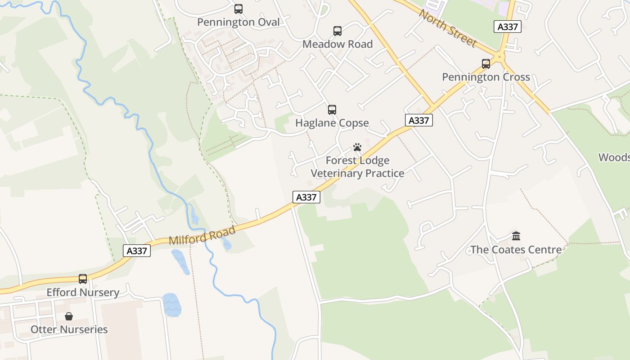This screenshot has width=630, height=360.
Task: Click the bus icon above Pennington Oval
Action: point(238,9)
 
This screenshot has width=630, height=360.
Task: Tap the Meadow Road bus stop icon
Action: point(337,31)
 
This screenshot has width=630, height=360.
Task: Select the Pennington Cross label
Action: point(486,77)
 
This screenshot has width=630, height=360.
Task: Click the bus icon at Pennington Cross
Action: point(486,64)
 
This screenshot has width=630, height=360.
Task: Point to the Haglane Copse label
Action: point(332,123)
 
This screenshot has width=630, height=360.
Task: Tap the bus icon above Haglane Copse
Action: point(332,110)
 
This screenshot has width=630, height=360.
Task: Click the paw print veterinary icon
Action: point(357,147)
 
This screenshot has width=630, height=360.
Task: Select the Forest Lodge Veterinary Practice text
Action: point(357,167)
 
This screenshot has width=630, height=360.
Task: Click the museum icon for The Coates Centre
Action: point(516,236)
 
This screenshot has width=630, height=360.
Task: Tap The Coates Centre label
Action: point(516,249)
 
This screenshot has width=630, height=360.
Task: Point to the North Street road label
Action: point(447,28)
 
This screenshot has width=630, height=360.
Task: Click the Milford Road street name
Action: point(202,236)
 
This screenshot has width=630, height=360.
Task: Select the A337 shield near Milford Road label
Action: point(137,251)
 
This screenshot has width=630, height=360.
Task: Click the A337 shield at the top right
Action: point(508,27)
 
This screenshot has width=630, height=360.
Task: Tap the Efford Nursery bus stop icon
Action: point(83,279)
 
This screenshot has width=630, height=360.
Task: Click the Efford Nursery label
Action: point(83,292)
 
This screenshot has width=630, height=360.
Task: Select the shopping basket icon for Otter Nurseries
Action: point(69,316)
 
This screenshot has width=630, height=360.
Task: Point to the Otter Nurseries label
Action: point(69,329)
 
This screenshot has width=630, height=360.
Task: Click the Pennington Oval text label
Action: point(238,22)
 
